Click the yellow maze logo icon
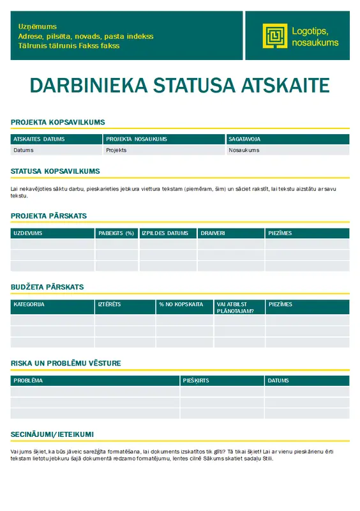(x=274, y=36)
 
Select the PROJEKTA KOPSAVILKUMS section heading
(x=57, y=122)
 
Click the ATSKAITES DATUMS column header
(x=39, y=139)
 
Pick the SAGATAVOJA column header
(x=244, y=139)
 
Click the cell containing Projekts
(x=116, y=150)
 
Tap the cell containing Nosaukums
(x=244, y=150)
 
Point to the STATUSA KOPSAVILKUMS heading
(x=55, y=171)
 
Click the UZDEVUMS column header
(x=27, y=233)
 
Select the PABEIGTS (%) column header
(x=116, y=233)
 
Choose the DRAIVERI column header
(x=213, y=233)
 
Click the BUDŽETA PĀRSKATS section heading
(x=47, y=287)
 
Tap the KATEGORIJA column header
(x=29, y=305)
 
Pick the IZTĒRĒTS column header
(x=109, y=305)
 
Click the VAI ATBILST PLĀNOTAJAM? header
(x=232, y=307)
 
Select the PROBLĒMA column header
(x=28, y=381)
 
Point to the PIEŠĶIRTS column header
(x=196, y=381)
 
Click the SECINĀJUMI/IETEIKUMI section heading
(x=52, y=434)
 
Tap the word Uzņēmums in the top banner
(x=38, y=27)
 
